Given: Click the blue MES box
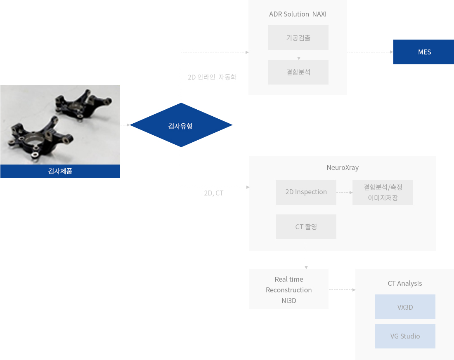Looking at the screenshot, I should pyautogui.click(x=423, y=52).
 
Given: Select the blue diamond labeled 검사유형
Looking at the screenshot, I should pyautogui.click(x=181, y=125).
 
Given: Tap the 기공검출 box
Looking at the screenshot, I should pyautogui.click(x=298, y=38).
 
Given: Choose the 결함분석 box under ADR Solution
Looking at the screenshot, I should pyautogui.click(x=298, y=72).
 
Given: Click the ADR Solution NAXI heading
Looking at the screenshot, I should pyautogui.click(x=298, y=14).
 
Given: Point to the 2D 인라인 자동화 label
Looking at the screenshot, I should pyautogui.click(x=212, y=77).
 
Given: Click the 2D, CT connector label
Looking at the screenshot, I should pyautogui.click(x=213, y=193).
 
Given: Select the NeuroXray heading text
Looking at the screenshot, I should pyautogui.click(x=343, y=168).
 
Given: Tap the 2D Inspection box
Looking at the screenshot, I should pyautogui.click(x=306, y=192).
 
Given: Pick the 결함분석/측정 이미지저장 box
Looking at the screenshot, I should pyautogui.click(x=383, y=192).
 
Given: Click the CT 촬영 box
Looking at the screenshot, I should pyautogui.click(x=306, y=227).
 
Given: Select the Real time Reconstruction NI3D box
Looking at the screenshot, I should pyautogui.click(x=288, y=289).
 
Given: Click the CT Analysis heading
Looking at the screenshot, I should pyautogui.click(x=404, y=283).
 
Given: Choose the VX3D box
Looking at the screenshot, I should pyautogui.click(x=405, y=307).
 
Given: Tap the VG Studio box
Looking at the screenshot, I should pyautogui.click(x=405, y=336).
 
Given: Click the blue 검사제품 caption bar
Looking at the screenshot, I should pyautogui.click(x=60, y=171).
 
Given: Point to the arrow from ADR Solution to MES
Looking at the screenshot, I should pyautogui.click(x=370, y=52).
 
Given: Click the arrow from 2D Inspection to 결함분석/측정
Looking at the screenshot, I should pyautogui.click(x=344, y=192).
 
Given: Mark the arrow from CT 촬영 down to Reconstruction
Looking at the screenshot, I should pyautogui.click(x=306, y=254).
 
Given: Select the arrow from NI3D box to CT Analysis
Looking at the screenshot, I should pyautogui.click(x=342, y=289).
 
